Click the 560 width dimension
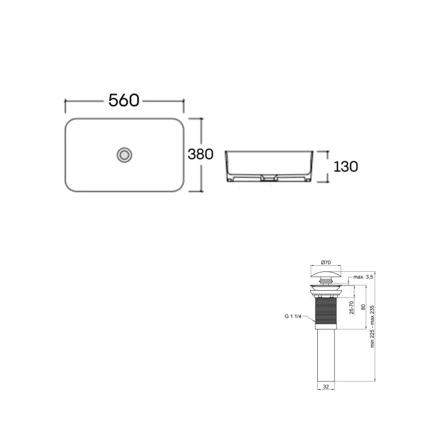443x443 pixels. coord(123,100)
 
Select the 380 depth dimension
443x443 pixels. coord(200,154)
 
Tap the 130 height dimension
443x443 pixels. coord(346,166)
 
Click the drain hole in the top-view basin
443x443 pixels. coord(125,154)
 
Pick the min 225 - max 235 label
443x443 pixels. coord(373,326)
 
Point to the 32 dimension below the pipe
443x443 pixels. coord(326,387)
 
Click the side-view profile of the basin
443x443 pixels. coord(269,166)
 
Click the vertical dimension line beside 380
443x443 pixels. coord(200,133)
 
